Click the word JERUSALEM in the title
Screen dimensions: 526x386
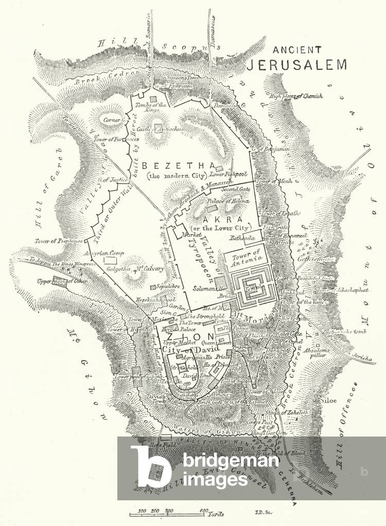pos(296,64)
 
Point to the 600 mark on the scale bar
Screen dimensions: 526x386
pos(204,511)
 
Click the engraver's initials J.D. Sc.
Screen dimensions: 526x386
pos(262,512)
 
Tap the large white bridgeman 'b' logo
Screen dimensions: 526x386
pos(150,466)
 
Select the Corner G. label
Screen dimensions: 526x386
pos(115,120)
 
